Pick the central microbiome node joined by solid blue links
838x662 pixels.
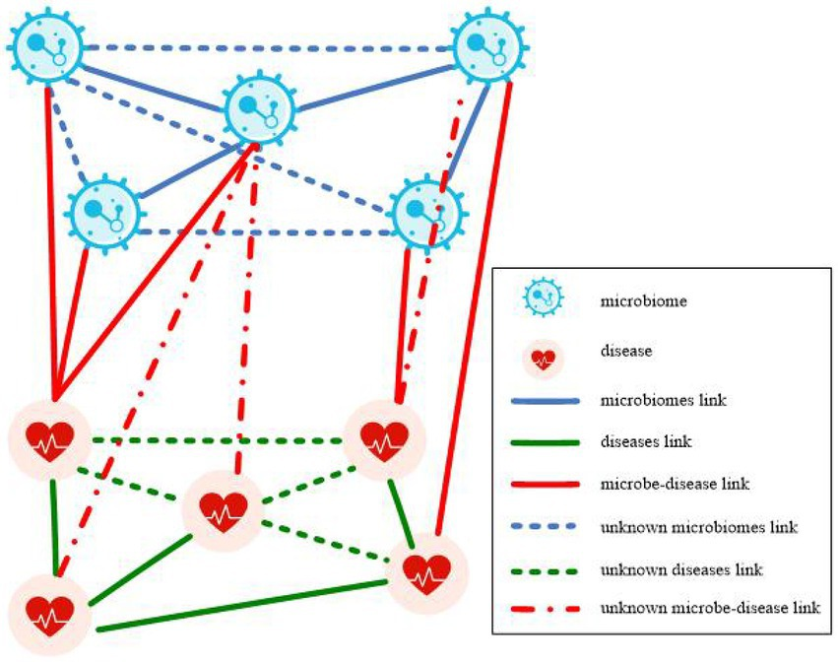pos(260,107)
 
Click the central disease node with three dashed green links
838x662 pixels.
pos(223,508)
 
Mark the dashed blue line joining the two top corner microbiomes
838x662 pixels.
pos(266,46)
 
